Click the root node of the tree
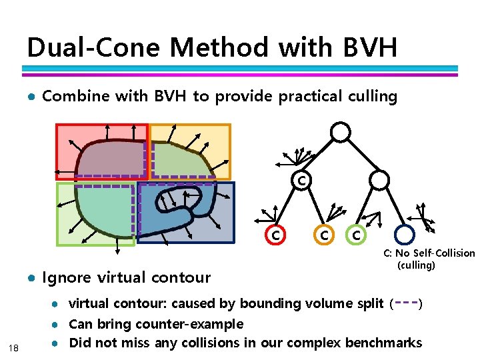(341, 133)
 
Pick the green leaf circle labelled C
(357, 235)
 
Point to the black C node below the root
(302, 179)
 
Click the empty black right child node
(379, 179)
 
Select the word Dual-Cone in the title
(94, 48)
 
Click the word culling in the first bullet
(372, 96)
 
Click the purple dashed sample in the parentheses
(407, 303)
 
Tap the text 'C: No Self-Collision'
(429, 253)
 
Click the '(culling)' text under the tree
(416, 265)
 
